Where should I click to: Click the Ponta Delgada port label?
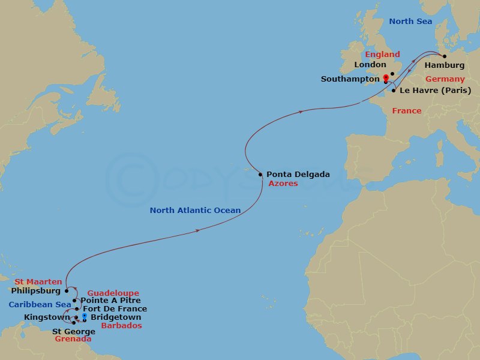pyautogui.click(x=298, y=175)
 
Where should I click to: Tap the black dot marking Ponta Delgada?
pyautogui.click(x=260, y=175)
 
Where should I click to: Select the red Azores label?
pyautogui.click(x=283, y=184)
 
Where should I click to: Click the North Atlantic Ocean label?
pyautogui.click(x=195, y=211)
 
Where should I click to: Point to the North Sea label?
pyautogui.click(x=410, y=22)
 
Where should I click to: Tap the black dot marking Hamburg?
pyautogui.click(x=444, y=56)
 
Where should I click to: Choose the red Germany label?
pyautogui.click(x=445, y=79)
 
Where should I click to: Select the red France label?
pyautogui.click(x=406, y=111)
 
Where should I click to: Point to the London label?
pyautogui.click(x=370, y=65)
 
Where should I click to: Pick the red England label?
pyautogui.click(x=383, y=55)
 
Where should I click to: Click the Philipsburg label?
pyautogui.click(x=36, y=291)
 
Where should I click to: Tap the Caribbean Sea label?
pyautogui.click(x=37, y=305)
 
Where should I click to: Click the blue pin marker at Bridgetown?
pyautogui.click(x=85, y=316)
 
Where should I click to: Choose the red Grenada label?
pyautogui.click(x=73, y=339)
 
